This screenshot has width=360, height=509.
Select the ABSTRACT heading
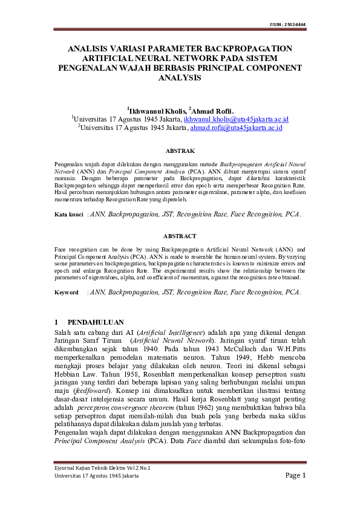coord(180,236)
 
